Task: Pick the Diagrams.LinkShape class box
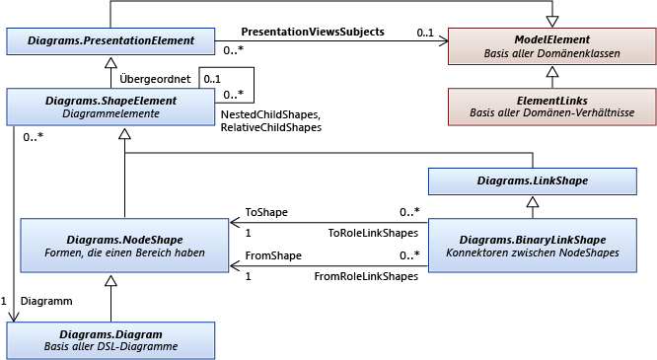coord(532,180)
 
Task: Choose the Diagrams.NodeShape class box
coord(125,246)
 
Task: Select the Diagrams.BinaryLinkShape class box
coord(532,246)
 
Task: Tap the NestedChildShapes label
coord(270,115)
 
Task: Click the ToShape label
coord(266,211)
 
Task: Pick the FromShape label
coord(271,255)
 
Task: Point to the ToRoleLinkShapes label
coord(372,234)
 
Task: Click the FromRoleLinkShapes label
coord(365,277)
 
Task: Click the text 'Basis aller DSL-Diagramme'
coord(109,347)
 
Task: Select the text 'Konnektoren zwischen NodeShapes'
coord(532,252)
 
